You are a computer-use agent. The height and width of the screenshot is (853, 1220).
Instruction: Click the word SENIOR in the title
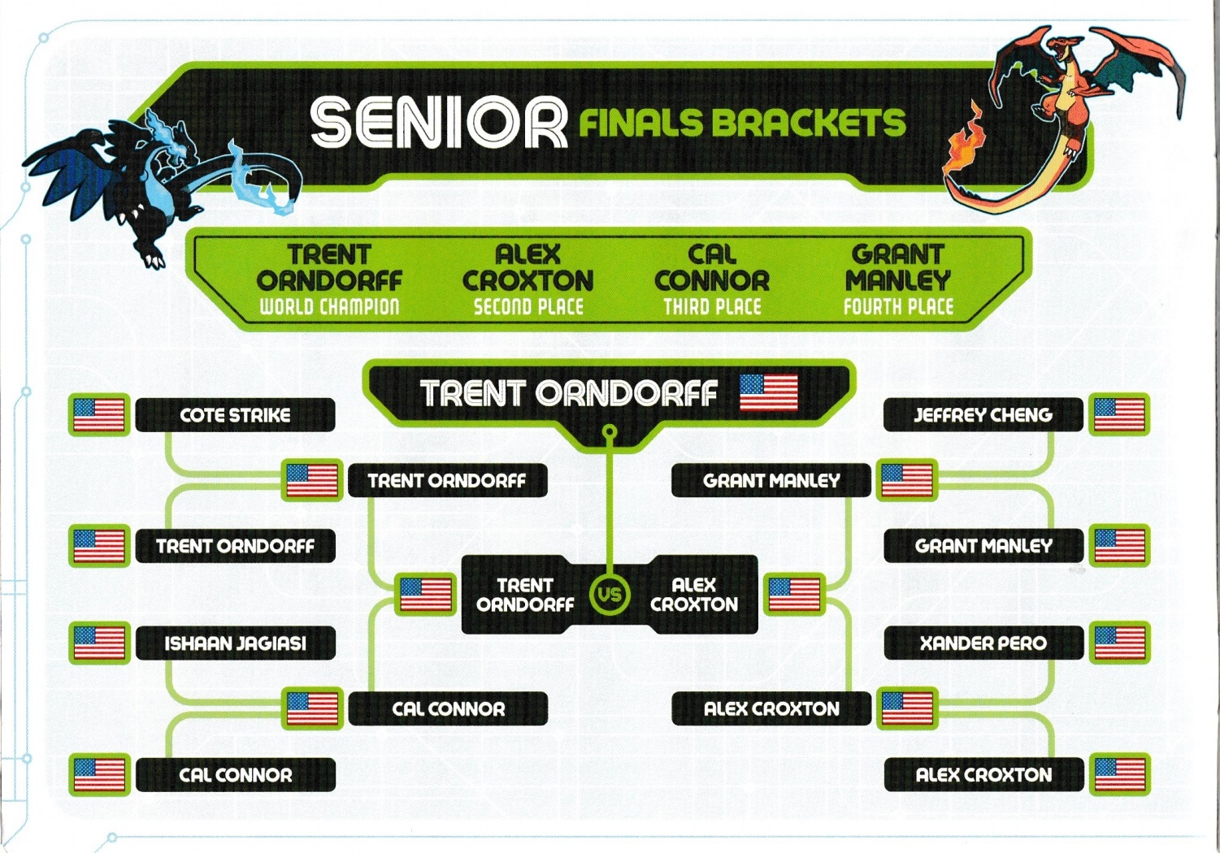click(x=438, y=123)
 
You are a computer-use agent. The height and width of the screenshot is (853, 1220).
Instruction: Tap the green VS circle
click(x=610, y=594)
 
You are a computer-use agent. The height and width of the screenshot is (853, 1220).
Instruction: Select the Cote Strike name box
click(x=235, y=415)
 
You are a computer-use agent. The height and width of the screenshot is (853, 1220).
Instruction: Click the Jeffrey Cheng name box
click(x=983, y=415)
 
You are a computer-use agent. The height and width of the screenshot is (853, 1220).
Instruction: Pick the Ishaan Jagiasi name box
click(x=235, y=643)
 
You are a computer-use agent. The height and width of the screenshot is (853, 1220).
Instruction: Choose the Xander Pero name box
click(x=983, y=643)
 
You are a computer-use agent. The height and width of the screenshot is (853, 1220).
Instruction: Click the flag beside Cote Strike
click(x=99, y=415)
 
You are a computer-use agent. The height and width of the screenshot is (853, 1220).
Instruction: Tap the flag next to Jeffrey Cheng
click(x=1119, y=415)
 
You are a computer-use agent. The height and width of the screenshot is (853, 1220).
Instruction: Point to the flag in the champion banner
click(x=768, y=392)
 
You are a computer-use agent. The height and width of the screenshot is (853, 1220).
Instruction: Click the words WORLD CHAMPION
click(x=329, y=306)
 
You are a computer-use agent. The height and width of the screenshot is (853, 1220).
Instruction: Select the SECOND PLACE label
click(x=528, y=306)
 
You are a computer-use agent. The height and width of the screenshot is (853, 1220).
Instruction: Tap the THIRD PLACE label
click(x=712, y=306)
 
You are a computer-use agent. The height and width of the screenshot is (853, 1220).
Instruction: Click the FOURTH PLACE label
click(x=899, y=306)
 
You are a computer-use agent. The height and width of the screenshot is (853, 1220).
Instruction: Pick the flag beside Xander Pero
click(x=1120, y=643)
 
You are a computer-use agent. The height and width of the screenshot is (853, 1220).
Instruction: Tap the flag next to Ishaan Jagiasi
click(x=99, y=643)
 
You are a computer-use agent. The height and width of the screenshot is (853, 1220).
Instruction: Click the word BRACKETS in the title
click(x=808, y=123)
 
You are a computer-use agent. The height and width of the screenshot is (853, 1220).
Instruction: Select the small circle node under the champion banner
click(x=610, y=432)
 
